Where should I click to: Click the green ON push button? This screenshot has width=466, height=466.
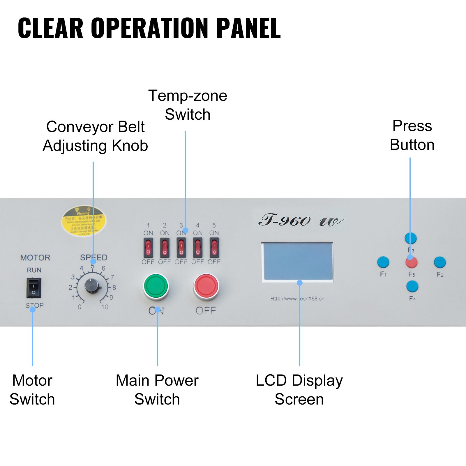tap(156, 286)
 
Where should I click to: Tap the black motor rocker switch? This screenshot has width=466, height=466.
tap(34, 288)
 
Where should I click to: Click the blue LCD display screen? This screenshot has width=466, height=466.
tap(298, 261)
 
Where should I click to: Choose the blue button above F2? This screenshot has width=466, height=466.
tap(440, 262)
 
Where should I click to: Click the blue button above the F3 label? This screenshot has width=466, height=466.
tap(411, 238)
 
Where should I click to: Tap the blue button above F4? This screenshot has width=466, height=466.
tap(412, 286)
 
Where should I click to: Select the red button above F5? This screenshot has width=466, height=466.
tap(412, 262)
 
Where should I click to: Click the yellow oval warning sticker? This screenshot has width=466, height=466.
tap(84, 221)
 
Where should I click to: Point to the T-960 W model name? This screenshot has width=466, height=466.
tap(301, 221)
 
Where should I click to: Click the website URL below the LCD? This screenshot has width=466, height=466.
tap(297, 299)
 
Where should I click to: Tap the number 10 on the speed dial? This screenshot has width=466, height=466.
tap(105, 307)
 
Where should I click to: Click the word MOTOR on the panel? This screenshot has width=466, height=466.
tap(35, 258)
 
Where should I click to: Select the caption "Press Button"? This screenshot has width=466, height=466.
tap(412, 135)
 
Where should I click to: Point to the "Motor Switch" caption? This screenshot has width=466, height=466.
tap(32, 390)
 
